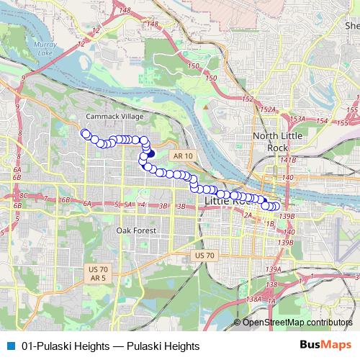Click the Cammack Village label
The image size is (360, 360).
tap(115, 116)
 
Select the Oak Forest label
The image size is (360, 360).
tap(136, 230)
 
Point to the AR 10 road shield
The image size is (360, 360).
tap(183, 156)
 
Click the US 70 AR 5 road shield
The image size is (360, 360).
tap(97, 273)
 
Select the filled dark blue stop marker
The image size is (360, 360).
tap(150, 153)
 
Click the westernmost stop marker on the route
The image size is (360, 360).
tap(85, 132)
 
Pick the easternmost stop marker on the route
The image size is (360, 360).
tap(276, 207)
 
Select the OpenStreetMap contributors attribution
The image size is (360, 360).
tap(297, 322)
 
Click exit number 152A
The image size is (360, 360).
tap(269, 109)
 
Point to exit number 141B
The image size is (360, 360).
tap(289, 160)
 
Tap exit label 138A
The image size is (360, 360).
tap(253, 299)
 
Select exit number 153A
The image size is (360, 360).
tap(297, 119)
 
